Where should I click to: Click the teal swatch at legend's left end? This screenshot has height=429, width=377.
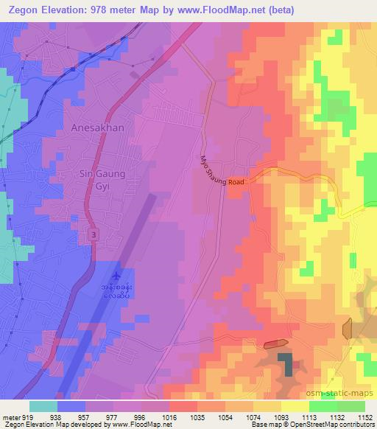point(43,406)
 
